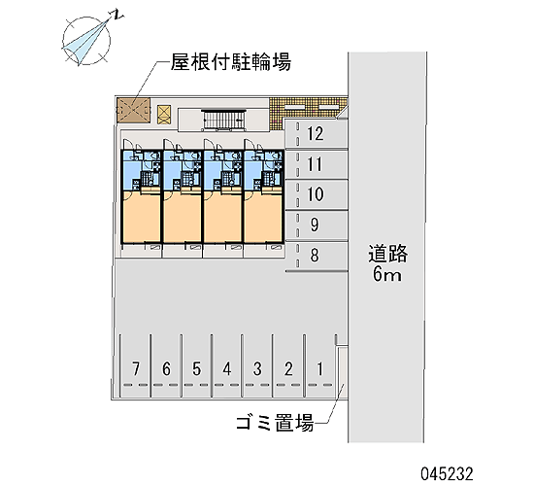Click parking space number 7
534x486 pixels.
click(136, 368)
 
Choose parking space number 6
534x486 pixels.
click(166, 368)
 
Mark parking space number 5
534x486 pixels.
click(196, 368)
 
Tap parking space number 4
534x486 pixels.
click(227, 368)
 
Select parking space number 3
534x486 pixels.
click(257, 368)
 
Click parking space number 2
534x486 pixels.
click(288, 368)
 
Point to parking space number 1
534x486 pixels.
click(319, 368)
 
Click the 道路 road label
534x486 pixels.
click(387, 254)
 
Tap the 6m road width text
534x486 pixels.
click(386, 273)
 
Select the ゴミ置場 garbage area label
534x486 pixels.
click(275, 423)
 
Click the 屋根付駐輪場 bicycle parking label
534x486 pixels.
click(230, 62)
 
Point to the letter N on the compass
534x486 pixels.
click(117, 15)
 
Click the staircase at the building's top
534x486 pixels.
click(222, 121)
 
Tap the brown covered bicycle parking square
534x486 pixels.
click(134, 110)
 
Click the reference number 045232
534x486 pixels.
click(447, 473)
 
